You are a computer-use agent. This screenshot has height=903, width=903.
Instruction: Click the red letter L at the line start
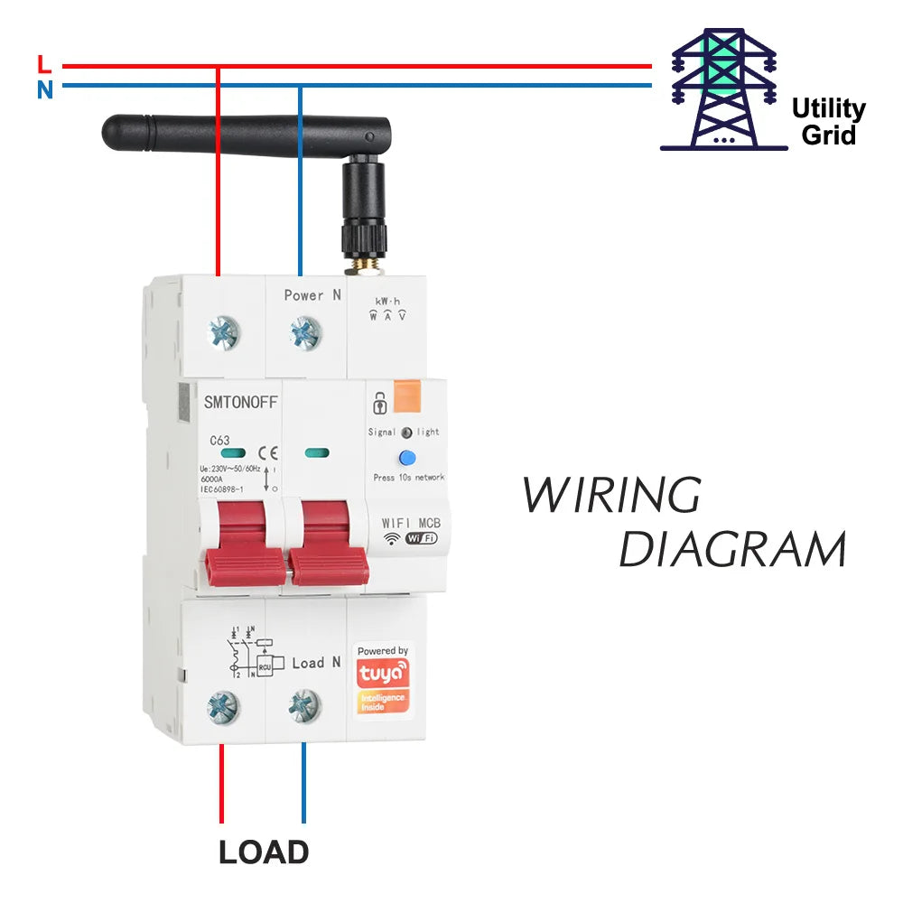pos(44,64)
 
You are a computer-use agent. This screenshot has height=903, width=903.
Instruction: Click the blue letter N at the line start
pos(44,89)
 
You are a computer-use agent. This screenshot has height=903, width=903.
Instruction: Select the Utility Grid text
pos(828,122)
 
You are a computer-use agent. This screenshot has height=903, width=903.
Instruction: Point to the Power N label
pos(312,295)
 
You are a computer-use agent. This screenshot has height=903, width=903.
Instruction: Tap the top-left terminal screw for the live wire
pos(223,333)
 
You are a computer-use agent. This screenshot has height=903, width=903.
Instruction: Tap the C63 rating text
pos(219,441)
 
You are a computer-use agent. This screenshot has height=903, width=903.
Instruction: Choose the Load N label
pos(315,663)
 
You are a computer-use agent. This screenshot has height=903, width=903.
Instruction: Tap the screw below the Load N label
pos(304,705)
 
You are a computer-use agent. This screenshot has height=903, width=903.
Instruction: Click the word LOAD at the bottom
pos(264,852)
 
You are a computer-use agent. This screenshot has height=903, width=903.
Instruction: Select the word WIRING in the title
pos(611,495)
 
